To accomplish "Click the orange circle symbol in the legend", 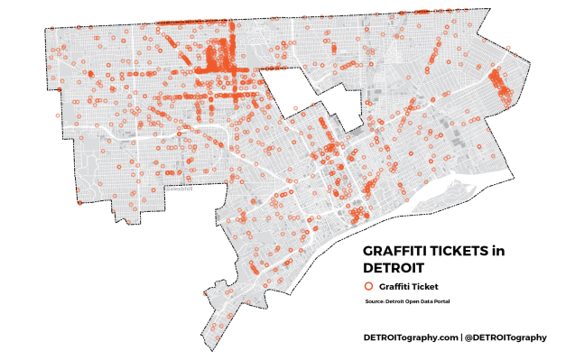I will (368, 286).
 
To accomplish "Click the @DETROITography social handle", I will (505, 337).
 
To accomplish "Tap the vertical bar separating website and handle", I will (461, 337).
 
